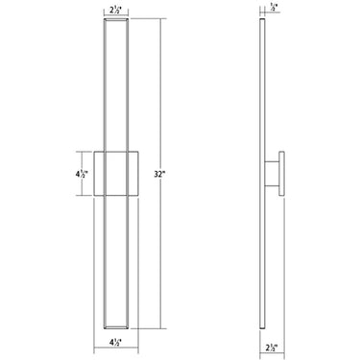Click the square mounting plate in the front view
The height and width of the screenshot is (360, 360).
117,175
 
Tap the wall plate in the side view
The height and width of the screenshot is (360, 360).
282,175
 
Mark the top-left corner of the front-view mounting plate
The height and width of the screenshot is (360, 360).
95,151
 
